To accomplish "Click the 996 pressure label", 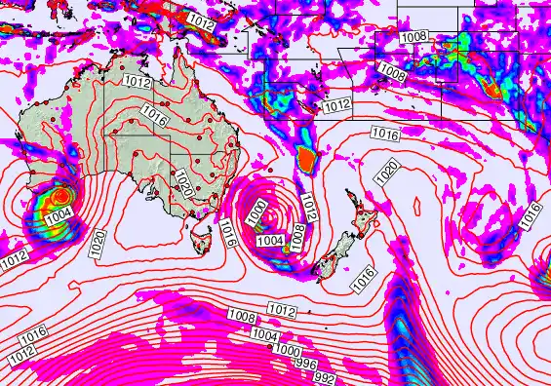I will click(307, 363).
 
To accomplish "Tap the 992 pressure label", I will click(325, 377).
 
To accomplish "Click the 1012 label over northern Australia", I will click(138, 85).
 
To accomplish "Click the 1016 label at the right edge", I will click(531, 214).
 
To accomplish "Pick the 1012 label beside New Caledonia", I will click(336, 105).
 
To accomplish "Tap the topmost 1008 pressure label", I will click(413, 37).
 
